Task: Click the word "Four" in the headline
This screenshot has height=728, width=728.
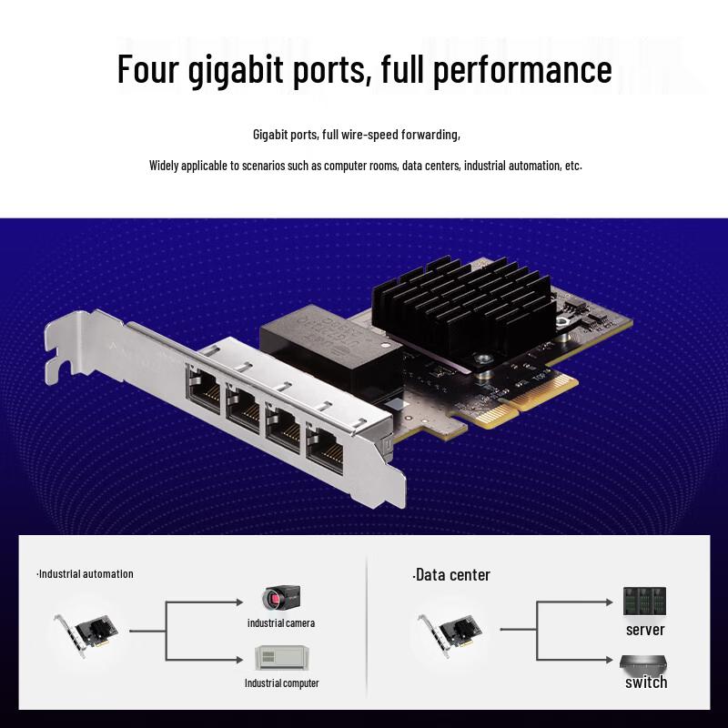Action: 147,69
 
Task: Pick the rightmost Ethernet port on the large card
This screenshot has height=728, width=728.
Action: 327,446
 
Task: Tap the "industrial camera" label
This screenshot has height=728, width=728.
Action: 281,622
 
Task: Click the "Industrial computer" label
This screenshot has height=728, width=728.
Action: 281,682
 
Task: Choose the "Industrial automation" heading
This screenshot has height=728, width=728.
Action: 86,573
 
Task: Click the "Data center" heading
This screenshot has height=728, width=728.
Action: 451,574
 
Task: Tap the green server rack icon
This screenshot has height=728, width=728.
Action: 645,601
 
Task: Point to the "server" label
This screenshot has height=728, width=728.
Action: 645,629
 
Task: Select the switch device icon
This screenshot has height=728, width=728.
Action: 643,662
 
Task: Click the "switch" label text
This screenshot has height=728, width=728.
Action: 646,682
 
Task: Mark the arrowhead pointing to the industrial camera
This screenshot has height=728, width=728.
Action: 238,602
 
